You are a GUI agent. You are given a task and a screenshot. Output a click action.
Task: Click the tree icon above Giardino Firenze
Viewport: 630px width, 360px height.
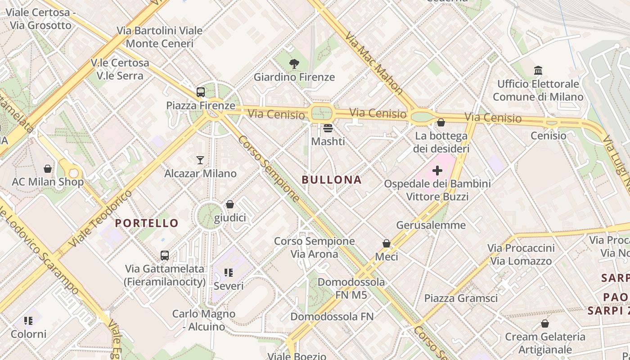click(x=294, y=64)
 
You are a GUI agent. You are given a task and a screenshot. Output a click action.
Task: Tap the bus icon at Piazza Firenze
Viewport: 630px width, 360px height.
click(x=201, y=92)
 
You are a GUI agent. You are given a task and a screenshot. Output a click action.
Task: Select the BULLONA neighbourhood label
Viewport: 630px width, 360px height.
click(x=332, y=180)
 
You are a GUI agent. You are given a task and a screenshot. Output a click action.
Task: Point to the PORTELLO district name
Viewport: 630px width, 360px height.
click(x=147, y=223)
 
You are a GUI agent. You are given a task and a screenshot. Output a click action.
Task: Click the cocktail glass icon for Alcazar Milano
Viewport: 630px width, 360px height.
click(x=200, y=160)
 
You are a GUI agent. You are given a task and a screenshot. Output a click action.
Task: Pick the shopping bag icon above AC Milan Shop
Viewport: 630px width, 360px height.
click(x=48, y=169)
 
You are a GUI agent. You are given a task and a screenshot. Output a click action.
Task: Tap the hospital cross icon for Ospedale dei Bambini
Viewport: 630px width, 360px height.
click(x=437, y=171)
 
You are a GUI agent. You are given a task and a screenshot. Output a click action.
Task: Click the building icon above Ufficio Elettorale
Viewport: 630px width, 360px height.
click(x=538, y=71)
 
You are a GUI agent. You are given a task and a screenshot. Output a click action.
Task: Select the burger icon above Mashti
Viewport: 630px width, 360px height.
click(x=328, y=128)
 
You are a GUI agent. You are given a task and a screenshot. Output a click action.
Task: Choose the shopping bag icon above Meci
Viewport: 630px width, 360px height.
click(x=387, y=243)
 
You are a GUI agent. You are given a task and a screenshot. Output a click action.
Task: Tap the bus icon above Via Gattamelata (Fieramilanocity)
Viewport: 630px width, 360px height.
click(x=165, y=256)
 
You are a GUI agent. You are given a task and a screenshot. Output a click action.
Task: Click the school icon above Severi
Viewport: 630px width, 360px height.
click(x=229, y=273)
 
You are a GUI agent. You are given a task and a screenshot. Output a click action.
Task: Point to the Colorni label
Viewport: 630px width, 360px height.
click(x=28, y=334)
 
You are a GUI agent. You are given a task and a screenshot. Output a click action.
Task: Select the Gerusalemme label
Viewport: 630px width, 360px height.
click(x=431, y=225)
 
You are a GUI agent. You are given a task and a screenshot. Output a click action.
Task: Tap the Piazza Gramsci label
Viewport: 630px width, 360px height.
click(x=461, y=298)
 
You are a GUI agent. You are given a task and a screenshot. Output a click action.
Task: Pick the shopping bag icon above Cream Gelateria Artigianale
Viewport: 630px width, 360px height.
click(x=545, y=324)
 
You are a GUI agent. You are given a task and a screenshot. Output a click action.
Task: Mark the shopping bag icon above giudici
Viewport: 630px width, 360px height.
click(x=230, y=205)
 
